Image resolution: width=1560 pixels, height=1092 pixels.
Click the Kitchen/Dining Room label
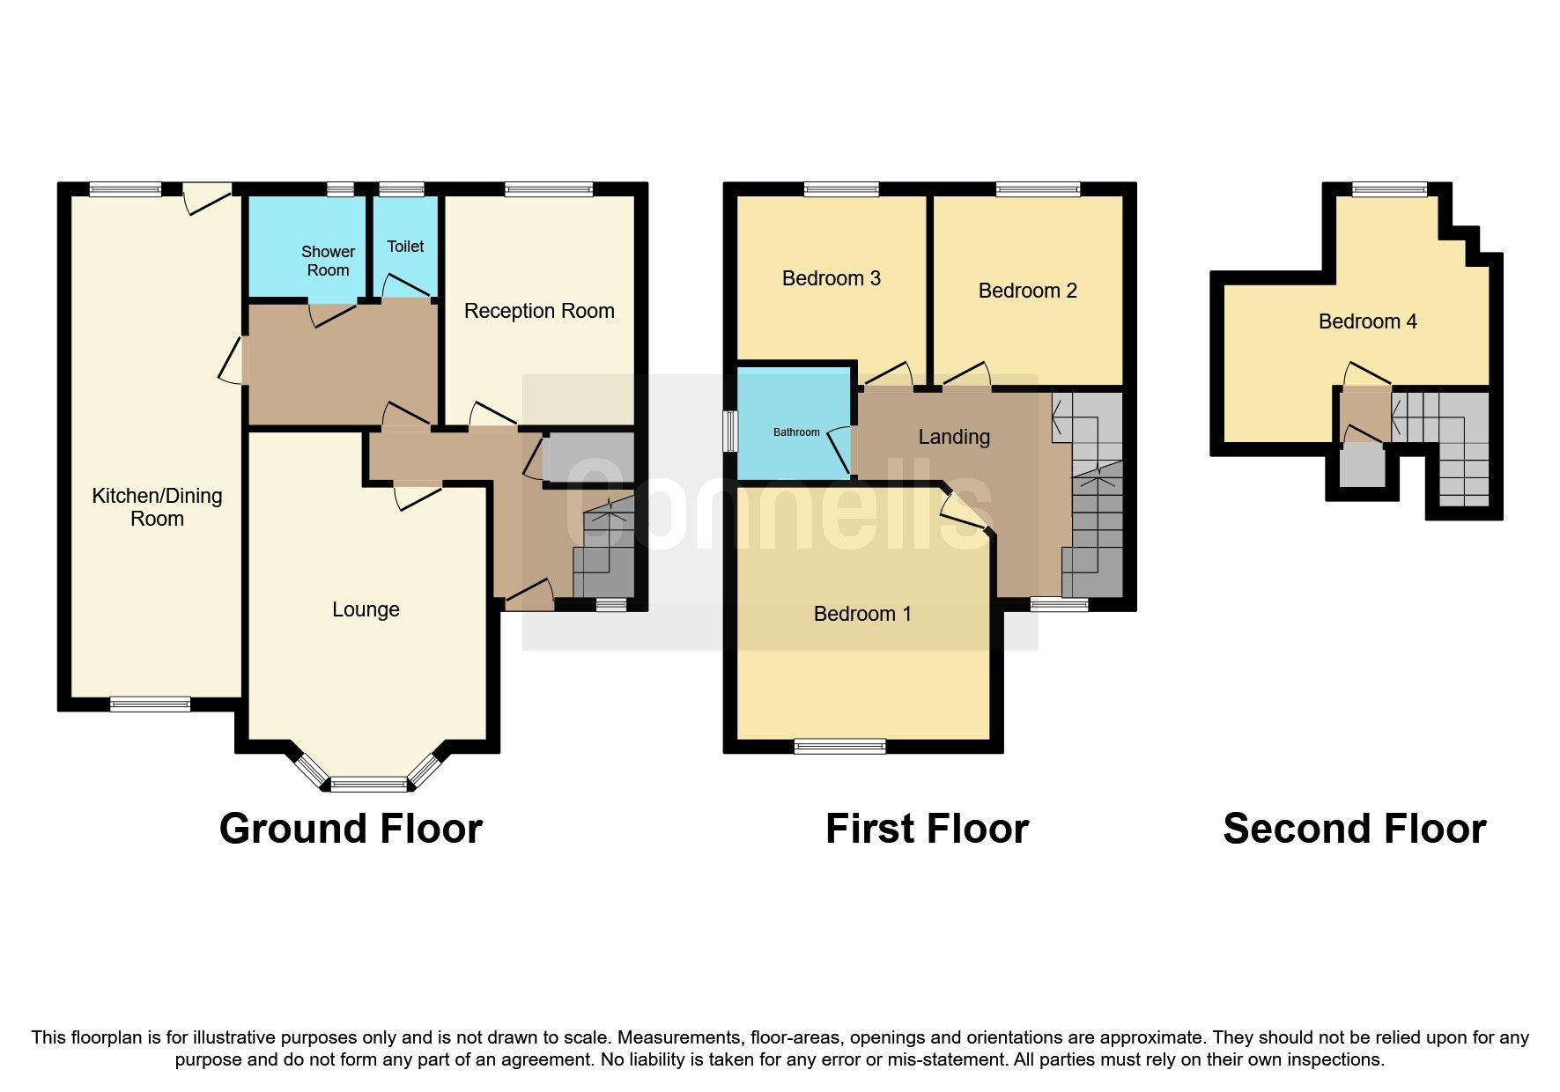pos(157,507)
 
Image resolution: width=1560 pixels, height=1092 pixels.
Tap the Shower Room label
pos(328,262)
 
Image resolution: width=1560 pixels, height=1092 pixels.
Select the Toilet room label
pos(405,247)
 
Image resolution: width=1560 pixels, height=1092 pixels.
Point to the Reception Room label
pos(539,311)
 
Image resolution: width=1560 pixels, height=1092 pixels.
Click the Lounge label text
pos(366,609)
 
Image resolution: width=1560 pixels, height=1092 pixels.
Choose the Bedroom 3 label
pos(831,278)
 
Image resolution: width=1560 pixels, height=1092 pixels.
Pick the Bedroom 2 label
pos(1027,291)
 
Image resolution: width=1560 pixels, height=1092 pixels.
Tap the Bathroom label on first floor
pos(796,432)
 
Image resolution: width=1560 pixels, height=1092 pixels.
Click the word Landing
pos(954,437)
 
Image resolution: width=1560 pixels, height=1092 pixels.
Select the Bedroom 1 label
pos(862,614)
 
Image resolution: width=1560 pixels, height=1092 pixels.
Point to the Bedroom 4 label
pos(1367,321)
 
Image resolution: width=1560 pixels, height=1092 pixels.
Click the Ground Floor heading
pos(351,829)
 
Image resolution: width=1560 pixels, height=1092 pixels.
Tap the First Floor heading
pos(927,829)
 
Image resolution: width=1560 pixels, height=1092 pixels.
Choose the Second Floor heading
pos(1354,829)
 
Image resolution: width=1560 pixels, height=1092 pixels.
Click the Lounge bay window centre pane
pos(369,784)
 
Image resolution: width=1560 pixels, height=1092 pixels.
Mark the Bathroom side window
pos(730,432)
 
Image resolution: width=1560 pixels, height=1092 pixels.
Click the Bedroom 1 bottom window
pos(839,747)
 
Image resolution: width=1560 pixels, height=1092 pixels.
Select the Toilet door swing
pos(401,284)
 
